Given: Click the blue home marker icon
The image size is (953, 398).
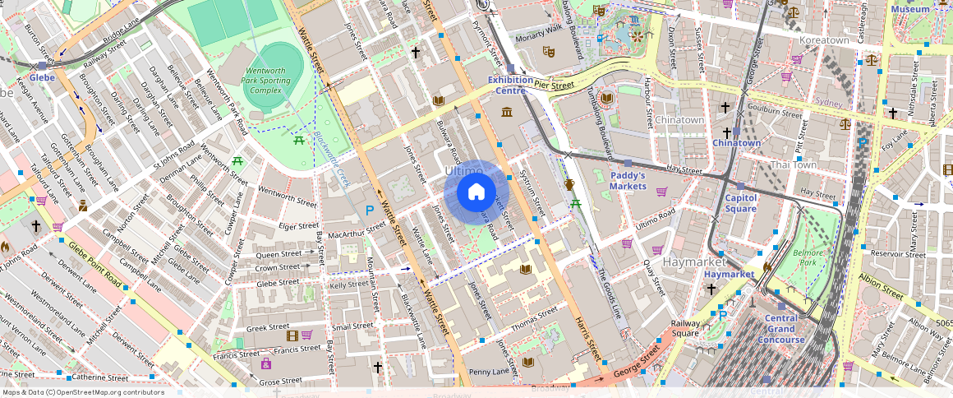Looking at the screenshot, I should [x=476, y=193].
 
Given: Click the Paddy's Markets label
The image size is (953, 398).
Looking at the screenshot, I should [x=628, y=181].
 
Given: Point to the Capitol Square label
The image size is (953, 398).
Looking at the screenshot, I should [x=740, y=203].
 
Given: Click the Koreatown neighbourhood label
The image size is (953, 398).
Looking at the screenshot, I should [x=824, y=39].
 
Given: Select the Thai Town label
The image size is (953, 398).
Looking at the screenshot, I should [x=793, y=164].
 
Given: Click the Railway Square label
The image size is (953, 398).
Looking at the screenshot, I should [x=685, y=329].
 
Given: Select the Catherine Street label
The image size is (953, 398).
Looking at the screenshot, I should [x=101, y=377].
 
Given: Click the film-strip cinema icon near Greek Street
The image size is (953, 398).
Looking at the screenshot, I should [x=290, y=335].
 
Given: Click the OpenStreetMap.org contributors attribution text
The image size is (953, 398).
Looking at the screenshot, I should [x=83, y=392].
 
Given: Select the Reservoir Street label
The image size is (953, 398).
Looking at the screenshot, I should [x=898, y=254].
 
